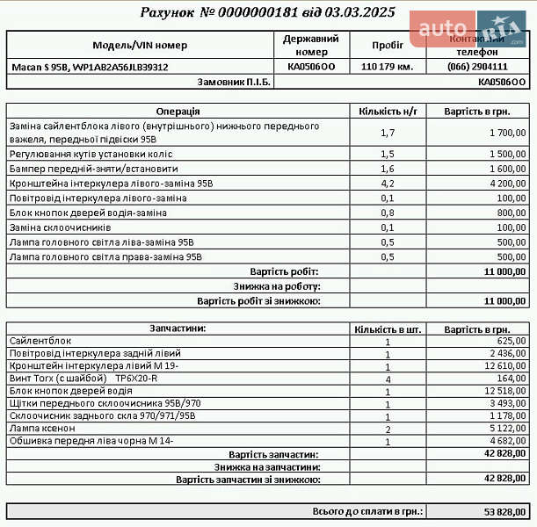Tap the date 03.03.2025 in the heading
pyautogui.click(x=359, y=13)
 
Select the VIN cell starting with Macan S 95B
pyautogui.click(x=90, y=67)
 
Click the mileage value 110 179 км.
pyautogui.click(x=387, y=67)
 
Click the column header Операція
pyautogui.click(x=178, y=112)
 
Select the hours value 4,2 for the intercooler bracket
pyautogui.click(x=387, y=184)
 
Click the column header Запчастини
pyautogui.click(x=178, y=328)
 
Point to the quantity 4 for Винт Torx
pyautogui.click(x=388, y=379)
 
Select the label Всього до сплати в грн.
pyautogui.click(x=367, y=510)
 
